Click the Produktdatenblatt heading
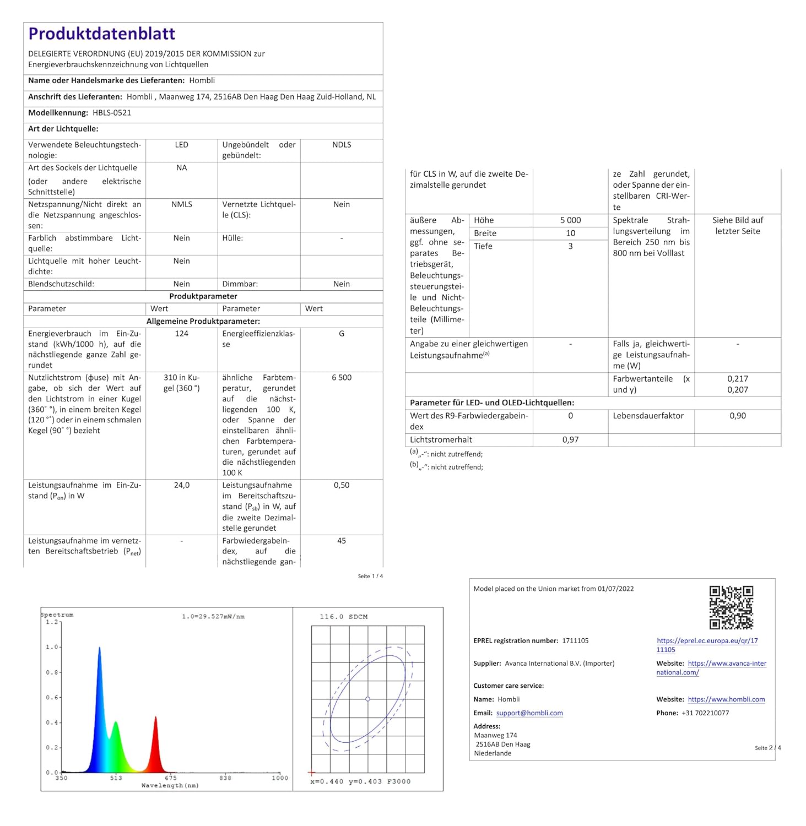tap(101, 34)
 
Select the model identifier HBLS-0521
tap(112, 113)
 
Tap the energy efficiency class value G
tap(342, 334)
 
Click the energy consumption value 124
tap(182, 334)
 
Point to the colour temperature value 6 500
tap(342, 378)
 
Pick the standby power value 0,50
tap(342, 485)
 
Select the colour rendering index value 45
tap(342, 541)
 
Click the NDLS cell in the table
tap(342, 145)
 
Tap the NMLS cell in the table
tap(182, 204)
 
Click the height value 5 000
tap(570, 220)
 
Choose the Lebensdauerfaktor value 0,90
tap(738, 416)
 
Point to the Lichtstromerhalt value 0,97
tap(570, 439)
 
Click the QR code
tap(731, 607)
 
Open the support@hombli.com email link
tap(529, 713)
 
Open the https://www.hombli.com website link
tap(726, 699)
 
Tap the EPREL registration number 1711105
tap(575, 641)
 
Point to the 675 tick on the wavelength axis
tap(171, 778)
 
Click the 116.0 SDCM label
tap(343, 617)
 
